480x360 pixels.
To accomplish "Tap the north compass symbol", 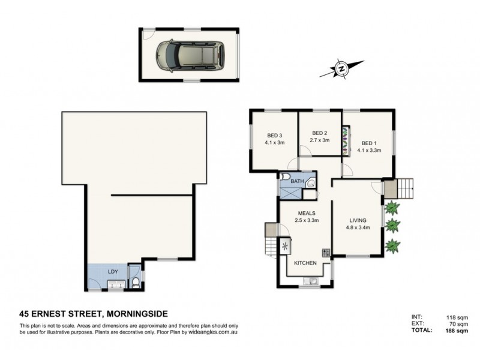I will pyautogui.click(x=341, y=69).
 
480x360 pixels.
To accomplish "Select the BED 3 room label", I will pyautogui.click(x=274, y=135).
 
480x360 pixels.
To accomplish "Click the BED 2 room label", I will pyautogui.click(x=319, y=133).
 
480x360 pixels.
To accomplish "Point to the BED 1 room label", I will pyautogui.click(x=369, y=143).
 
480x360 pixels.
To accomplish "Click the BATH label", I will pyautogui.click(x=297, y=181).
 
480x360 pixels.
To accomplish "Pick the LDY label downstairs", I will pyautogui.click(x=112, y=272).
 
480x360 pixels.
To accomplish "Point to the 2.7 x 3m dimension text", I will pyautogui.click(x=319, y=141).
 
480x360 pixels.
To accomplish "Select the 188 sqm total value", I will pyautogui.click(x=466, y=329).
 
